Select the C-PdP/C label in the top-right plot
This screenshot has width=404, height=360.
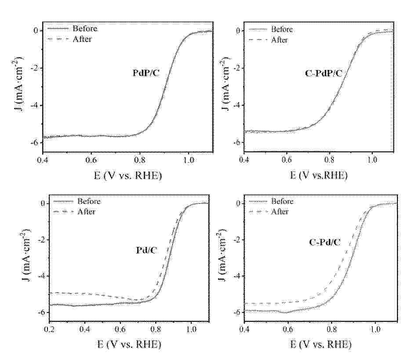[323, 73]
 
